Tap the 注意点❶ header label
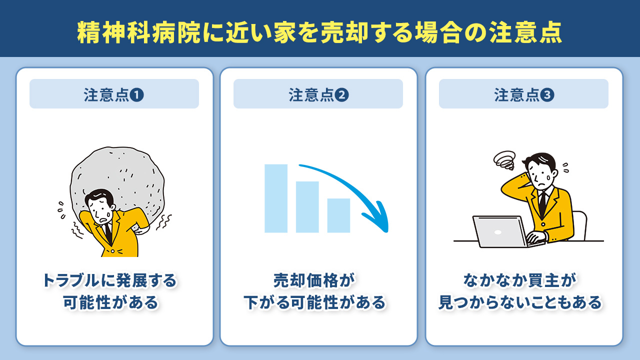(x=114, y=95)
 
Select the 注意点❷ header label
(x=318, y=95)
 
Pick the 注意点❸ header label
(x=523, y=95)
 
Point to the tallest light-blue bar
(x=276, y=198)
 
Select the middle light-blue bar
(x=307, y=206)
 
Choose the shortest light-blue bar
(x=338, y=215)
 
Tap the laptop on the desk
(x=497, y=231)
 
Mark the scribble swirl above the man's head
(x=504, y=160)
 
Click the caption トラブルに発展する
(x=110, y=280)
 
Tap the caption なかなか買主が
(x=520, y=280)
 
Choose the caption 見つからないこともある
(x=520, y=302)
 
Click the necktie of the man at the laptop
(x=542, y=205)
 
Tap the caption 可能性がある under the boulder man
(x=110, y=302)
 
